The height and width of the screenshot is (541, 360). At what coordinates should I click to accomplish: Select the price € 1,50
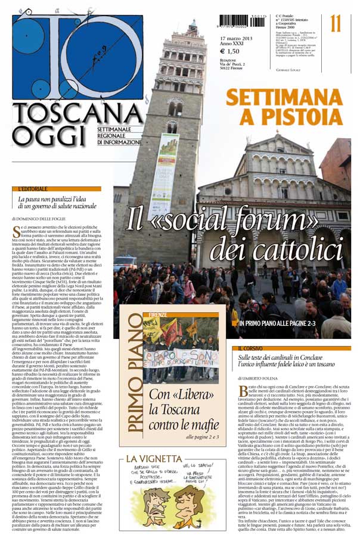click(x=229, y=51)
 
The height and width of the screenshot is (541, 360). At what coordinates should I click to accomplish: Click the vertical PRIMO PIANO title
click(x=132, y=379)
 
